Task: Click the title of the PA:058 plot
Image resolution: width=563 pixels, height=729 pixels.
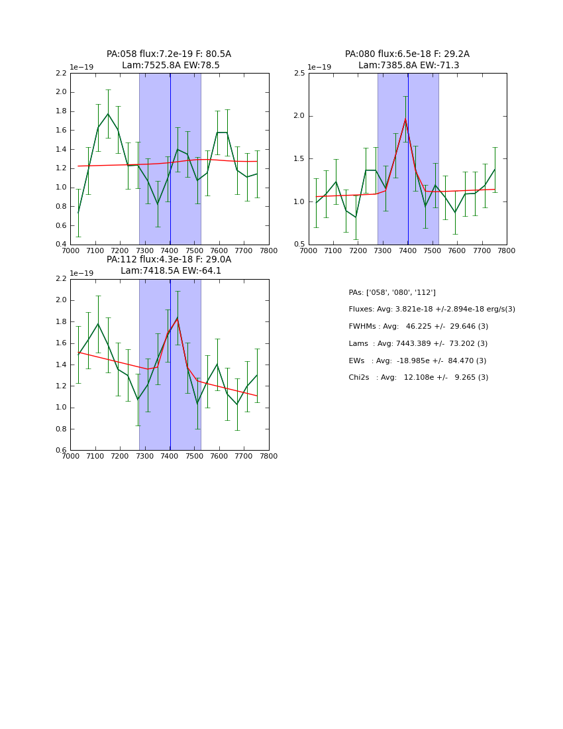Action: [x=169, y=60]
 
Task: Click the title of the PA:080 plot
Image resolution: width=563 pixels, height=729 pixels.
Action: [x=407, y=60]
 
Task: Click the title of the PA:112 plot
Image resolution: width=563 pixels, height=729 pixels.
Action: [x=169, y=265]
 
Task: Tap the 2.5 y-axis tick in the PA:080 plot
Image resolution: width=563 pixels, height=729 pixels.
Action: [x=299, y=73]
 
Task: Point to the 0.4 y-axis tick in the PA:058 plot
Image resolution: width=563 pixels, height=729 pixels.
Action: [x=61, y=245]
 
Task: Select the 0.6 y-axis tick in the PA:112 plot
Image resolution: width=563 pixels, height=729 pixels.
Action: [x=61, y=451]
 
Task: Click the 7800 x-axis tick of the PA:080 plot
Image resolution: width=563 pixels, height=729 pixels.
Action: [x=507, y=251]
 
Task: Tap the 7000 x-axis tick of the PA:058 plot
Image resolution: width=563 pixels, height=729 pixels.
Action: [x=70, y=251]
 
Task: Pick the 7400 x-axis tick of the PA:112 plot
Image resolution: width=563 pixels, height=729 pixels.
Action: [x=170, y=457]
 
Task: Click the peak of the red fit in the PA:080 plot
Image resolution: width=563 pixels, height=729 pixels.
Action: [x=405, y=119]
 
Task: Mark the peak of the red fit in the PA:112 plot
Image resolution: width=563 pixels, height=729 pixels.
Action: [x=177, y=318]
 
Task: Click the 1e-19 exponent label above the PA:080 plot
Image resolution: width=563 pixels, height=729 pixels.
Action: [x=320, y=67]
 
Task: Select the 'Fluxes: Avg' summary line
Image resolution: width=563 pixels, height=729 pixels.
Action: [x=432, y=309]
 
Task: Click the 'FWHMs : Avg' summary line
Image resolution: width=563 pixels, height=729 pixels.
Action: [x=419, y=327]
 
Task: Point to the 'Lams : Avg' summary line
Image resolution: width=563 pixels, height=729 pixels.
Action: [x=418, y=343]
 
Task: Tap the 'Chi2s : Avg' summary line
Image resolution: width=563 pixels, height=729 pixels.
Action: [x=419, y=378]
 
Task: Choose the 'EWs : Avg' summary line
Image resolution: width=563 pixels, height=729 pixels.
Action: [x=418, y=361]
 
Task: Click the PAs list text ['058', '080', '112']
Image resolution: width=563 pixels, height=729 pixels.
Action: [x=392, y=292]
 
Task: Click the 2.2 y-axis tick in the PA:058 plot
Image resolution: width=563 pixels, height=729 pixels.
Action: [x=61, y=73]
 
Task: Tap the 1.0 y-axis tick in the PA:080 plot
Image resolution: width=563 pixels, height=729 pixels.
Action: [x=299, y=201]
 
